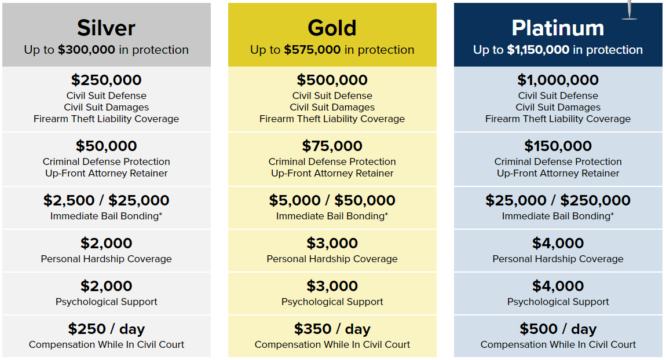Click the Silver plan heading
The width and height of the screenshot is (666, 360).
(106, 28)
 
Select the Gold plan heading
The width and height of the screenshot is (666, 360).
(332, 28)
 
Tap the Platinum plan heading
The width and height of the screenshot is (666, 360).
(558, 28)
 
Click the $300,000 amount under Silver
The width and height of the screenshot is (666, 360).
(87, 50)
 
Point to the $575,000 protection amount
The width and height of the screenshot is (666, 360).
(312, 50)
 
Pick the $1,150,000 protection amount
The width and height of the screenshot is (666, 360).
(538, 50)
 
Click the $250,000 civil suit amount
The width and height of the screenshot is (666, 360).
(106, 80)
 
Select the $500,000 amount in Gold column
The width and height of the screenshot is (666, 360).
(332, 80)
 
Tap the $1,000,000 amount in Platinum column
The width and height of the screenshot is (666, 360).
(558, 80)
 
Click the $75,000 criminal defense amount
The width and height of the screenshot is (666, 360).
(332, 146)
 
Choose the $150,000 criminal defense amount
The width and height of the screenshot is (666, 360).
(558, 146)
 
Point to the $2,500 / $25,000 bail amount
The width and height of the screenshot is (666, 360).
(106, 200)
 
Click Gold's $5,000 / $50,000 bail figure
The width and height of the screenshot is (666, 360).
(332, 200)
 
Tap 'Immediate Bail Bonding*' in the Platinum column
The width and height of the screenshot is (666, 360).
(558, 216)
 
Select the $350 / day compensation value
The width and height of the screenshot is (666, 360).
(332, 329)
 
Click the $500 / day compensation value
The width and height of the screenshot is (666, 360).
(558, 329)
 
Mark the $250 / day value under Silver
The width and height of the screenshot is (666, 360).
(106, 329)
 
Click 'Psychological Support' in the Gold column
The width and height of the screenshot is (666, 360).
(332, 302)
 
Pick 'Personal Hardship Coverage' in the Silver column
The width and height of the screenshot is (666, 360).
(106, 259)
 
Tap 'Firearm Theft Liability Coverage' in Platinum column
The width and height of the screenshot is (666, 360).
(558, 119)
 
